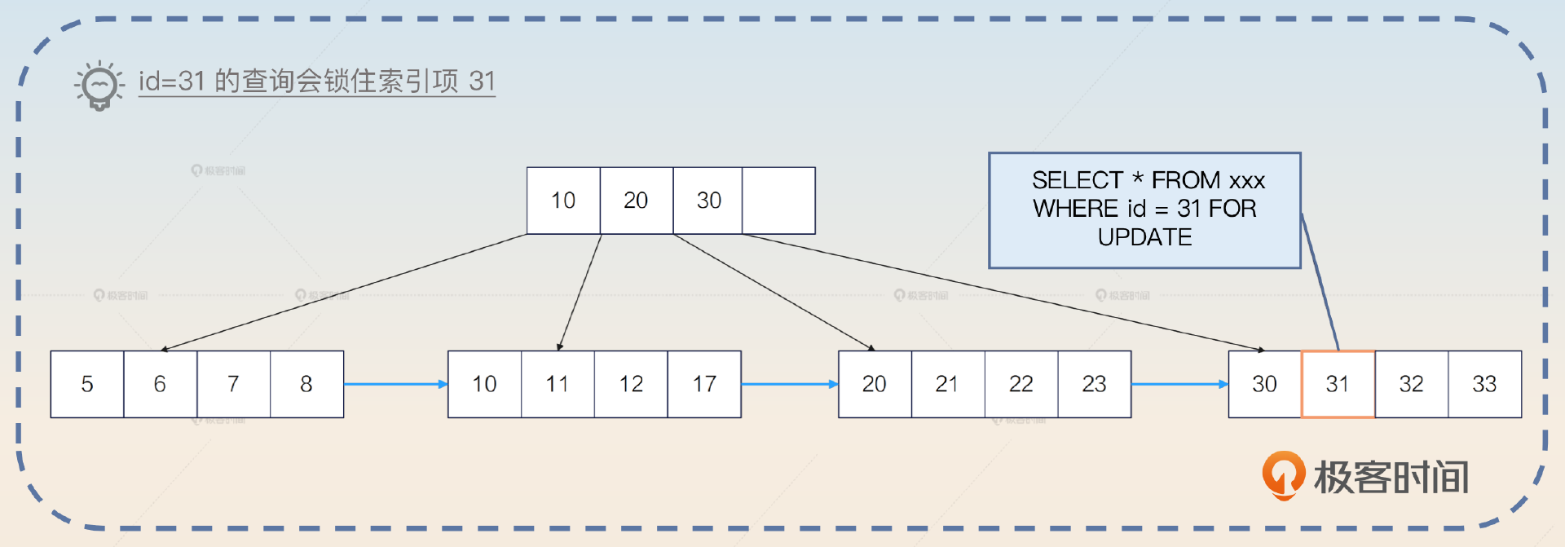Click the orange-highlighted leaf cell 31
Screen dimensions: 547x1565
click(x=1338, y=384)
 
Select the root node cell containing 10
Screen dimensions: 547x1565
click(x=563, y=201)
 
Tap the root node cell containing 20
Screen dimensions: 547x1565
click(x=636, y=201)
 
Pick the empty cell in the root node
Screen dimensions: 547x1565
click(x=778, y=201)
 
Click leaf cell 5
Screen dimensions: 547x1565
click(x=87, y=384)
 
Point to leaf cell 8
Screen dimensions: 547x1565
click(x=306, y=384)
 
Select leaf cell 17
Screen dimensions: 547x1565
click(x=704, y=384)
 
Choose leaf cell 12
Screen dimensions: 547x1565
click(x=631, y=384)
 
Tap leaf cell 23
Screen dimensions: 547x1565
click(x=1094, y=384)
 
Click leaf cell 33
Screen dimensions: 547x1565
click(x=1484, y=384)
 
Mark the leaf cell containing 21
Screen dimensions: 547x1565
click(x=947, y=384)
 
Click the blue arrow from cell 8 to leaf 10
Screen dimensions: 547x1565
click(x=395, y=384)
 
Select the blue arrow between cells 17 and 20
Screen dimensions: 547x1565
click(x=789, y=384)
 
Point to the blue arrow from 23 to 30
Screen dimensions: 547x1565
click(x=1179, y=384)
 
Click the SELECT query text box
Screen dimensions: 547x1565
click(x=1144, y=210)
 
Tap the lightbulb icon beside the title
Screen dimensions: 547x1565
click(x=99, y=85)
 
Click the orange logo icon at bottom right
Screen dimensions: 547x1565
click(x=1283, y=475)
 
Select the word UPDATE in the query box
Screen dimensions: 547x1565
click(x=1144, y=237)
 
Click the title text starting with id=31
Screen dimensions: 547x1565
click(x=316, y=81)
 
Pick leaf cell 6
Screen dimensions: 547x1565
click(x=160, y=384)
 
